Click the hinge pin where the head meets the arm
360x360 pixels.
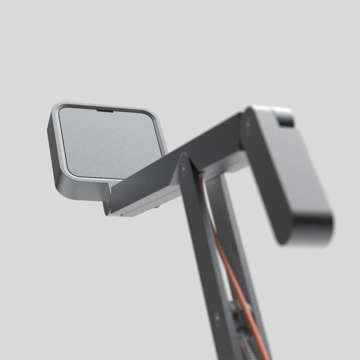(106, 203)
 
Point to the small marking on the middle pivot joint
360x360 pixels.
(184, 168)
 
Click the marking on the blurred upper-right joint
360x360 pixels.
(248, 124)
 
